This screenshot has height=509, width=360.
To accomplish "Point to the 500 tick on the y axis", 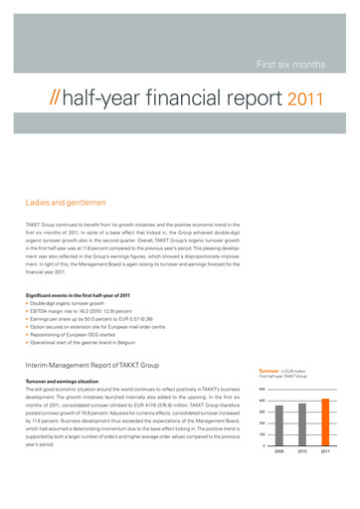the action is [x=263, y=390].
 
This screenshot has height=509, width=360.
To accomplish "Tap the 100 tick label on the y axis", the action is [x=263, y=434].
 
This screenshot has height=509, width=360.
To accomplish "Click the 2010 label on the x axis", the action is [x=300, y=453].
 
